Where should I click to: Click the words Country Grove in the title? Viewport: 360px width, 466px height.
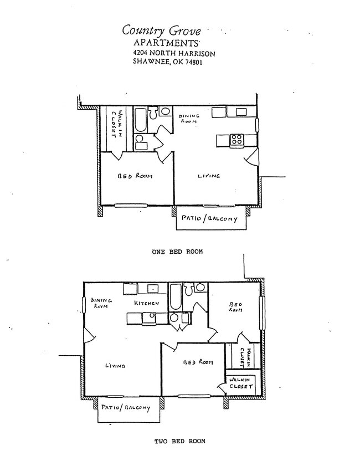point(161,30)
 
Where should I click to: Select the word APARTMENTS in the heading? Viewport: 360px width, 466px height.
point(166,43)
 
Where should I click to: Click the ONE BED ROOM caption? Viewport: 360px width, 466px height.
point(177,252)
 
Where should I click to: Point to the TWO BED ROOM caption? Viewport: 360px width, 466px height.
point(179,441)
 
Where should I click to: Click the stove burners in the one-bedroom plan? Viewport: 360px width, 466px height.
point(236,140)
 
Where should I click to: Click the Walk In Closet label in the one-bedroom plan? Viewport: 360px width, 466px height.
point(116,127)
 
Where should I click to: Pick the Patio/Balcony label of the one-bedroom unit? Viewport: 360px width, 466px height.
point(209,219)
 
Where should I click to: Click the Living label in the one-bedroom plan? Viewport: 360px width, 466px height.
point(209,176)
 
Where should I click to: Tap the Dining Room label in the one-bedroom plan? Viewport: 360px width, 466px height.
point(189,118)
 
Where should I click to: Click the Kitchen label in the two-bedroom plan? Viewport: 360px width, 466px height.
point(147,304)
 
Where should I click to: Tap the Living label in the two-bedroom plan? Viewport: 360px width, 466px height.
point(115,366)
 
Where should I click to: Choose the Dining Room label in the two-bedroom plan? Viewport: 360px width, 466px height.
point(101,303)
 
